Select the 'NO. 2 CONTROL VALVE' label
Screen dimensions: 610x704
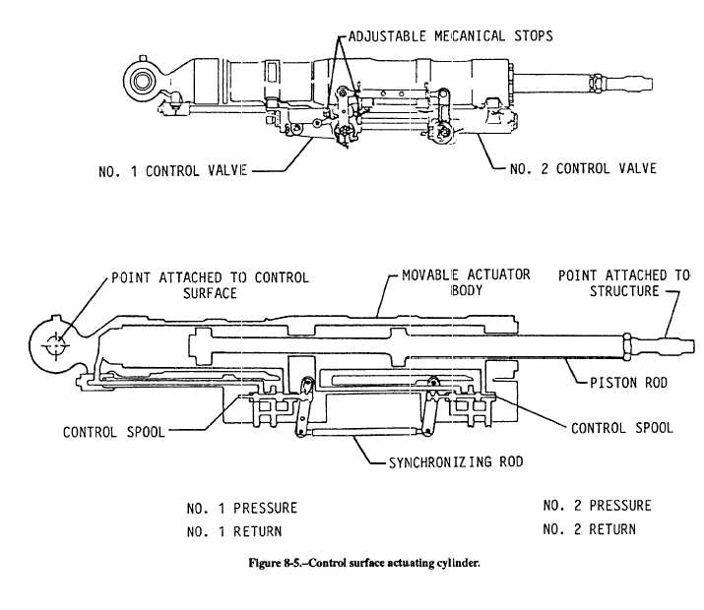[x=583, y=169]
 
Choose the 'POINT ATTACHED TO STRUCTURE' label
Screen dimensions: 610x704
[x=624, y=283]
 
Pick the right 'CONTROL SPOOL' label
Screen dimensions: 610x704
[x=623, y=428]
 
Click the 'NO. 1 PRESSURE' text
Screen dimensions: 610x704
[x=241, y=509]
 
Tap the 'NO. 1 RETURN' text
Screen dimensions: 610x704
[x=234, y=531]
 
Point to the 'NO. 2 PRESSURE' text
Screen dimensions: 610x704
[x=597, y=507]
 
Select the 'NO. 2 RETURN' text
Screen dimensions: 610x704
[x=589, y=529]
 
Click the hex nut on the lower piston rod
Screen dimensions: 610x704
[x=626, y=345]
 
